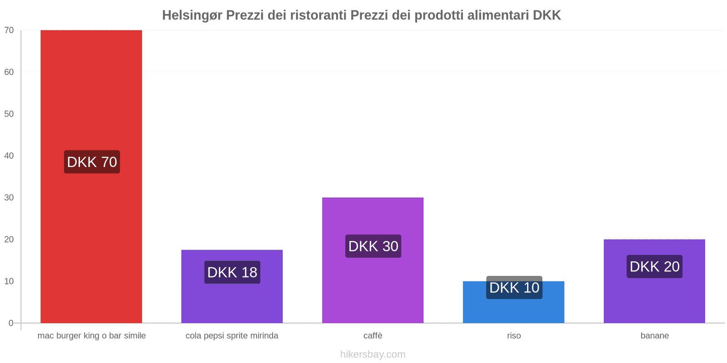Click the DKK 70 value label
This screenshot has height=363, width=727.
(92, 162)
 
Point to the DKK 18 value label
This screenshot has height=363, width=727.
(232, 272)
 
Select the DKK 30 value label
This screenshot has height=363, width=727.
(373, 246)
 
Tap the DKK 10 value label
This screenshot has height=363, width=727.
(514, 288)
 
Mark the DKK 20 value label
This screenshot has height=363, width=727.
(654, 266)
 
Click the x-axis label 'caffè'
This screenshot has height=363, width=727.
(373, 336)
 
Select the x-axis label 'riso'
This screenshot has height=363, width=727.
(514, 336)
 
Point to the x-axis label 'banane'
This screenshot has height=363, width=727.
(654, 336)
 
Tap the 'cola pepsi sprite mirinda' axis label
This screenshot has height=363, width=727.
(232, 336)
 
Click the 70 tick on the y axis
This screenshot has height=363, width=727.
(9, 30)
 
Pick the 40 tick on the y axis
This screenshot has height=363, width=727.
(9, 156)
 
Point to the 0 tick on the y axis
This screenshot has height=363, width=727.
(11, 323)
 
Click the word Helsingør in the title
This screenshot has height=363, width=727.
(192, 15)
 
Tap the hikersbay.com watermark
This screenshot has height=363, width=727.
(373, 354)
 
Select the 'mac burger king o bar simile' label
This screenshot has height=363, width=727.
(91, 336)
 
